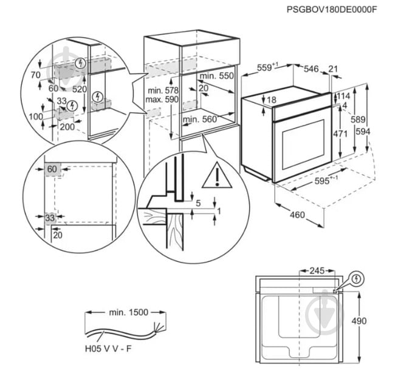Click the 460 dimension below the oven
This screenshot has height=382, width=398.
[297, 214]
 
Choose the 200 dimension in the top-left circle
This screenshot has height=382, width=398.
[67, 127]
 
